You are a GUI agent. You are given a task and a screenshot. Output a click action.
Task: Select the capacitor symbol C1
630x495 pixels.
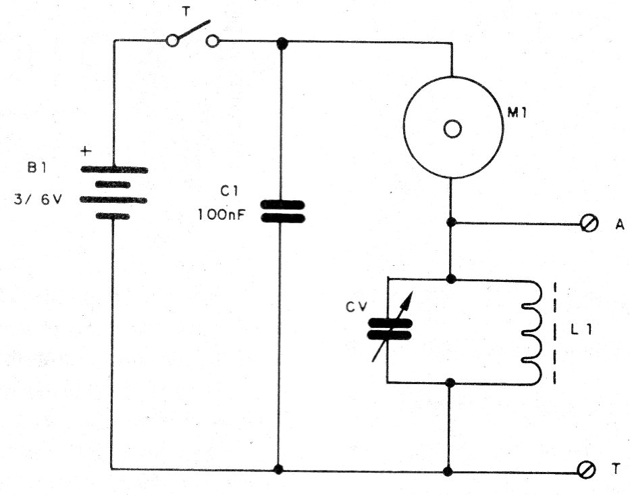(x=283, y=210)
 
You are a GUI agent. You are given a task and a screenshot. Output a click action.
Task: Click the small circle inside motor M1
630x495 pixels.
(x=452, y=128)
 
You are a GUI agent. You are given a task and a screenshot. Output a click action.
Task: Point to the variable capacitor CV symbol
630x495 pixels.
(x=389, y=329)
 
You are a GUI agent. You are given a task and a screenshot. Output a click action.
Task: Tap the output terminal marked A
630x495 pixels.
(x=587, y=223)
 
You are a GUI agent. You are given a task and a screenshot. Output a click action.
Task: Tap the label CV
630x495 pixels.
(x=355, y=308)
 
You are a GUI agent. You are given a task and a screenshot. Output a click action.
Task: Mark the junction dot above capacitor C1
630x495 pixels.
(x=283, y=42)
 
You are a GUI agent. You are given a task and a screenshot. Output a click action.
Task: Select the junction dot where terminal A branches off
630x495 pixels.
(x=451, y=222)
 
